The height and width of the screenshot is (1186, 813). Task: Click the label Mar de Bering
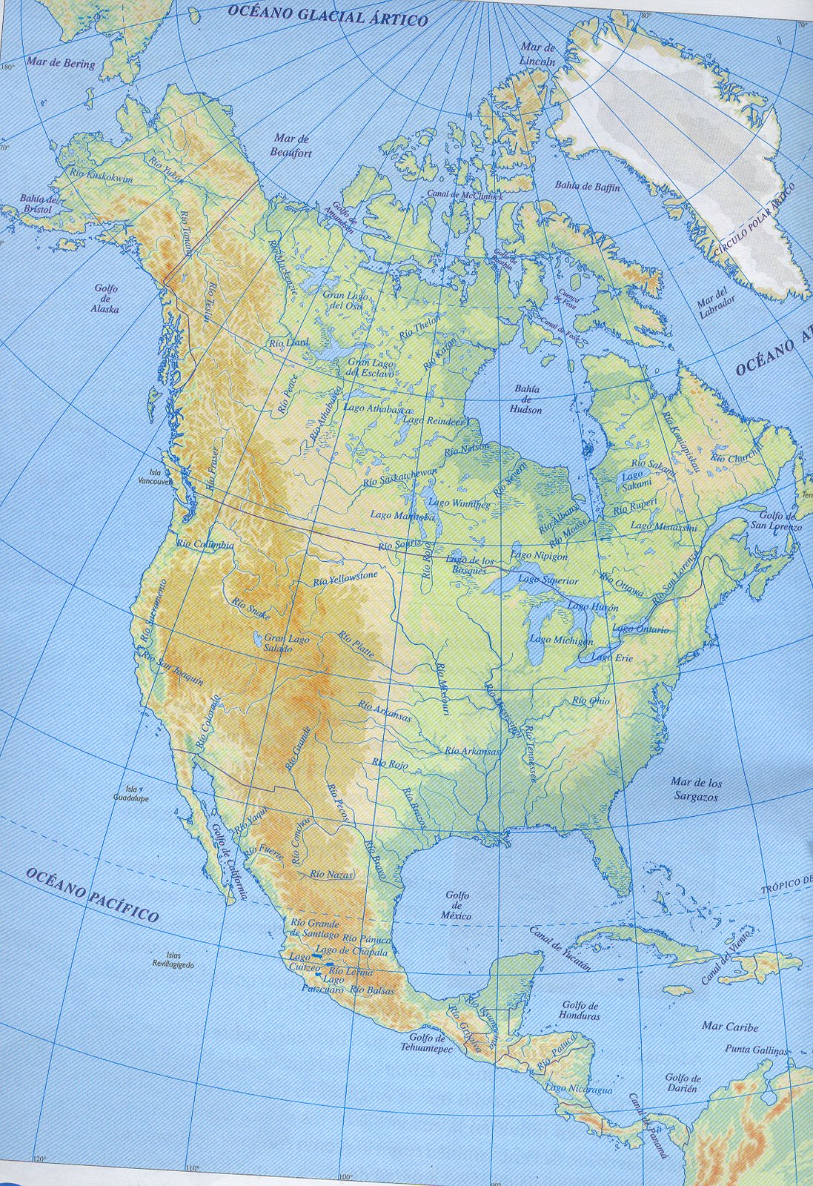click(61, 63)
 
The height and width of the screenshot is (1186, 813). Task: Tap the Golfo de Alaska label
click(106, 299)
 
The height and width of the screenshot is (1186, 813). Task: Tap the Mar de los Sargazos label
click(696, 789)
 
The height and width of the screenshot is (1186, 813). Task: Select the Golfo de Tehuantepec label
click(430, 1043)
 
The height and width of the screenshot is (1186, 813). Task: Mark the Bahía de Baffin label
click(587, 188)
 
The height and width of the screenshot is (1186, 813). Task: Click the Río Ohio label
click(591, 700)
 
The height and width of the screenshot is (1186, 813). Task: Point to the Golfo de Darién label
click(682, 1083)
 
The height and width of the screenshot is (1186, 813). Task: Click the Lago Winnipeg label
click(459, 504)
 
